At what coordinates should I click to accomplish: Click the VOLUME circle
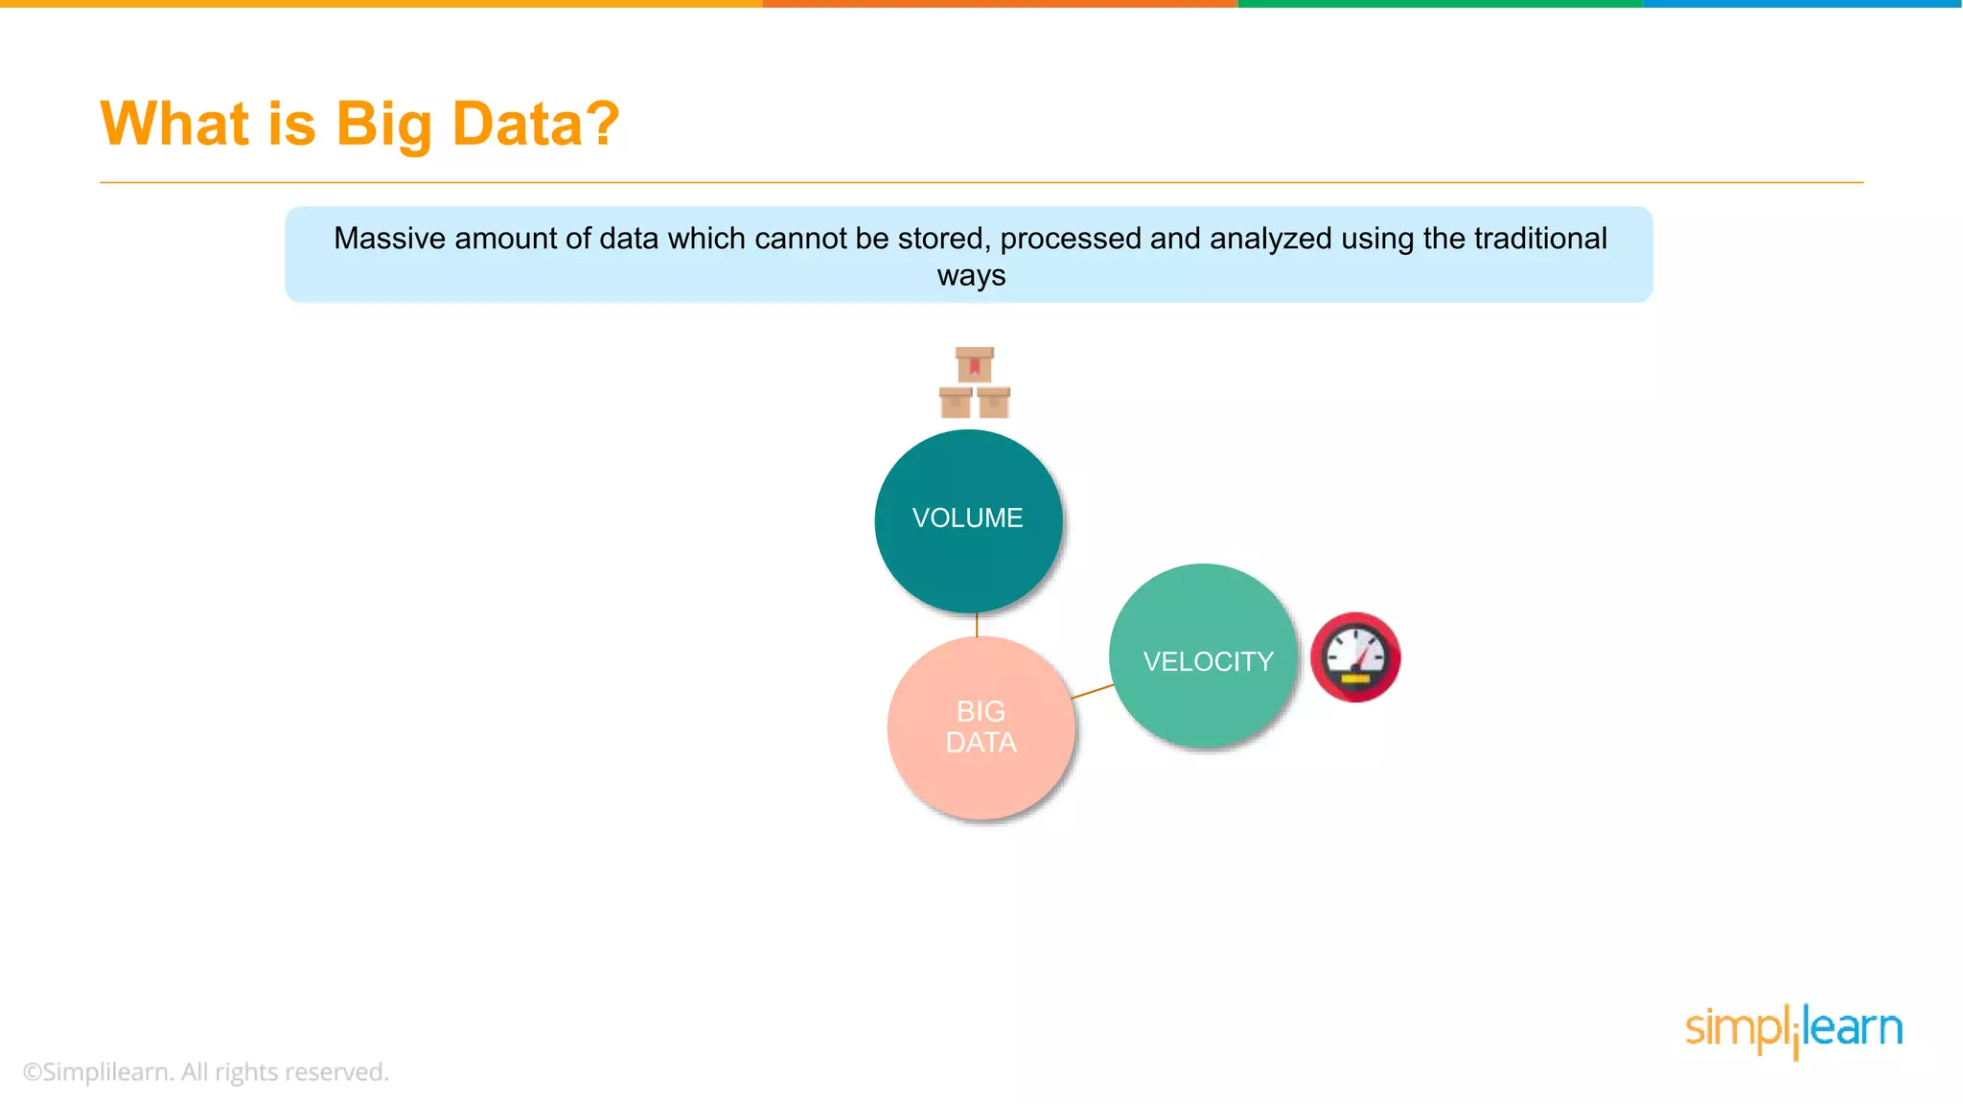(968, 520)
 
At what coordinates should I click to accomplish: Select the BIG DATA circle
(981, 727)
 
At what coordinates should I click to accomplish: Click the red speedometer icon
(1355, 657)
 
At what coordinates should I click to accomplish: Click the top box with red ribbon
(975, 365)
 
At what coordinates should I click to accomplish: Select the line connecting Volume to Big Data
(977, 625)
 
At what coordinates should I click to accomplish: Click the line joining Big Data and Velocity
(1093, 691)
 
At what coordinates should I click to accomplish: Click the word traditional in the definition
(1540, 238)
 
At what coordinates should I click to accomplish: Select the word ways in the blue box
(971, 276)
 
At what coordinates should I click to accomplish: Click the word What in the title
(175, 124)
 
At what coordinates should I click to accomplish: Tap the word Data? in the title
(536, 124)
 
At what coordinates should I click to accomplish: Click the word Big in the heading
(383, 126)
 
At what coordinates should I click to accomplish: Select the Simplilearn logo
(1793, 1029)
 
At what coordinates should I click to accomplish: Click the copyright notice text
(206, 1071)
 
